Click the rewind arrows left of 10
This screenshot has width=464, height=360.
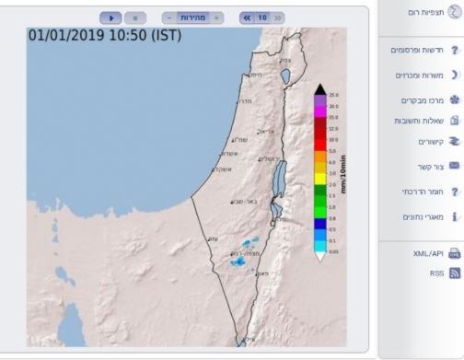click(x=246, y=17)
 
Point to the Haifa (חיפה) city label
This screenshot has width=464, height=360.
click(x=255, y=75)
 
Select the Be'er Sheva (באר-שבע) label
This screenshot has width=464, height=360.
click(x=243, y=200)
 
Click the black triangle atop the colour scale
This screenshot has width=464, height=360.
click(x=319, y=89)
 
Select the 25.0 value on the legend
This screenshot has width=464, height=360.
click(x=333, y=96)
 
